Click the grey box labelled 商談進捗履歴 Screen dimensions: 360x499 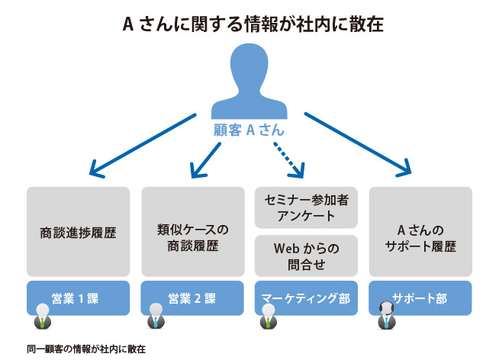[x=78, y=231]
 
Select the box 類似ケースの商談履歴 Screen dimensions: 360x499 [x=193, y=231]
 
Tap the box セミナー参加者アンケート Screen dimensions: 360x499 [x=305, y=207]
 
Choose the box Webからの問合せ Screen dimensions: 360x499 [x=305, y=256]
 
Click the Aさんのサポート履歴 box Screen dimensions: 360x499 [x=420, y=231]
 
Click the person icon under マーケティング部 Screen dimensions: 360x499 [x=267, y=316]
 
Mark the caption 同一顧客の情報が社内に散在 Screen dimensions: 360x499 [x=85, y=349]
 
